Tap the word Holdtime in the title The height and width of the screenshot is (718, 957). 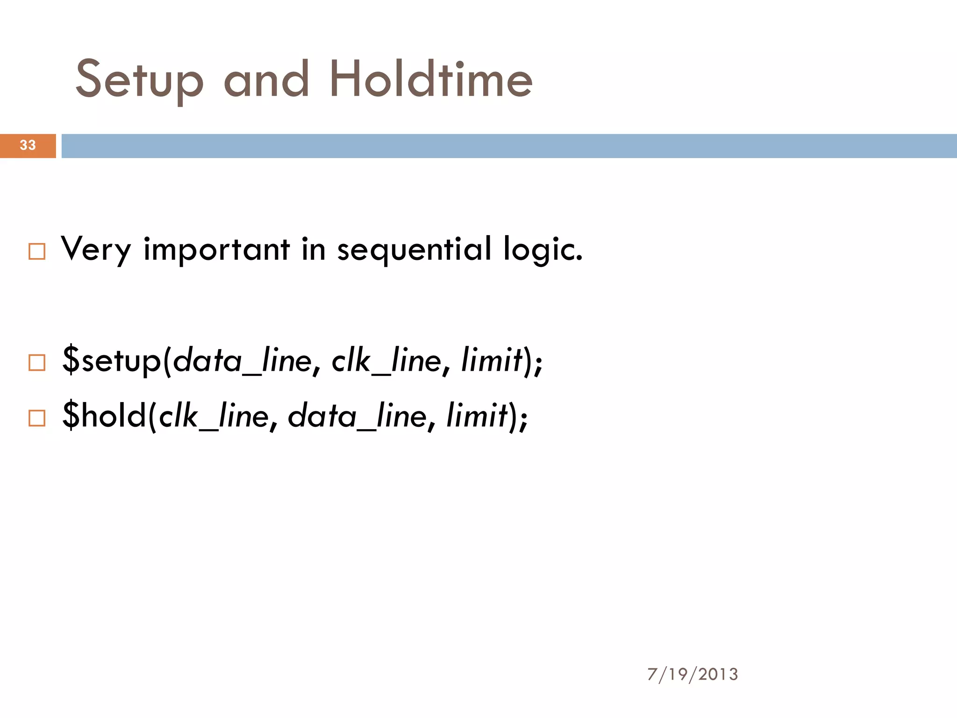pyautogui.click(x=430, y=79)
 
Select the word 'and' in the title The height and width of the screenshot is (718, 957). pyautogui.click(x=266, y=79)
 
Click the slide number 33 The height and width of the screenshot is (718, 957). pyautogui.click(x=28, y=145)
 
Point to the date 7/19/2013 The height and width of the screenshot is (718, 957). pyautogui.click(x=693, y=674)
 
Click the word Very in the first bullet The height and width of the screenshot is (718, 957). pyautogui.click(x=96, y=250)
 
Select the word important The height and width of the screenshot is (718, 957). pyautogui.click(x=216, y=250)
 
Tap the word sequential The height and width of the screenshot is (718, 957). pyautogui.click(x=414, y=250)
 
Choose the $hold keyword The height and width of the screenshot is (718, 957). pyautogui.click(x=104, y=416)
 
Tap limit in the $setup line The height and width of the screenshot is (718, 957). pyautogui.click(x=491, y=360)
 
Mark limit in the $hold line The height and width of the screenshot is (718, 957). pyautogui.click(x=477, y=416)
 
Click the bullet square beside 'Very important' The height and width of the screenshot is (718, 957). pyautogui.click(x=37, y=251)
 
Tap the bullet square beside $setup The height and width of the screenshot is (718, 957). pyautogui.click(x=37, y=363)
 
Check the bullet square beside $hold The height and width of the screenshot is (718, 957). pyautogui.click(x=37, y=418)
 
